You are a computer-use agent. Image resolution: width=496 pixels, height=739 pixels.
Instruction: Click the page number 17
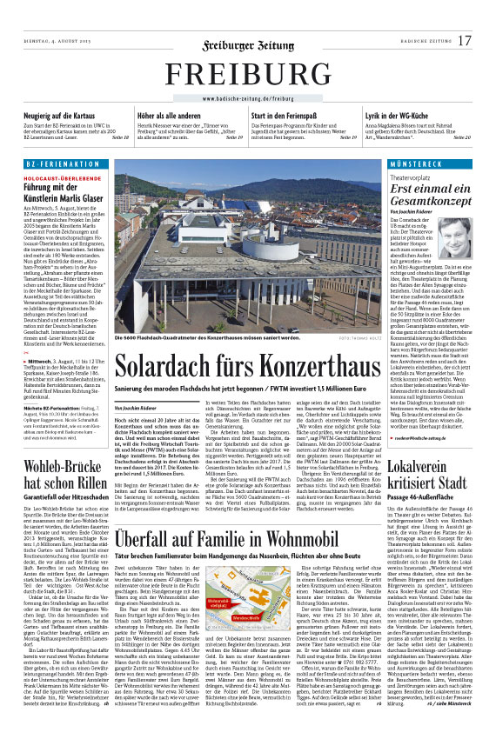click(x=465, y=41)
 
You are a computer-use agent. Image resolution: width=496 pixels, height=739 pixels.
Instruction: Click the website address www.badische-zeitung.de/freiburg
click(x=248, y=98)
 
